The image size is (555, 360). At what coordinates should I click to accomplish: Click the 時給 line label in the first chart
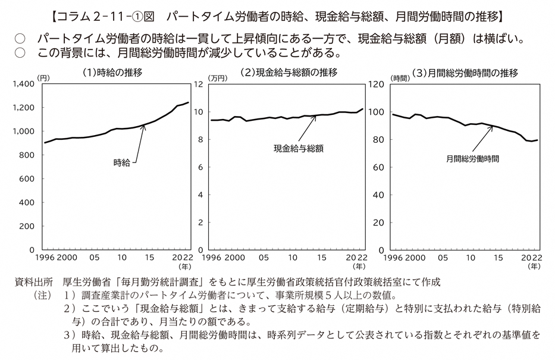(x=121, y=161)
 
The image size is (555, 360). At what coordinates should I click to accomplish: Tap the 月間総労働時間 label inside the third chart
(x=472, y=159)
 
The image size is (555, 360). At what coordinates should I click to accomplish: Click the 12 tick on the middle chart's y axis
(x=199, y=84)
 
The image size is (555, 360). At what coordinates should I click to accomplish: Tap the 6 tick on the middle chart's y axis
(x=201, y=167)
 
